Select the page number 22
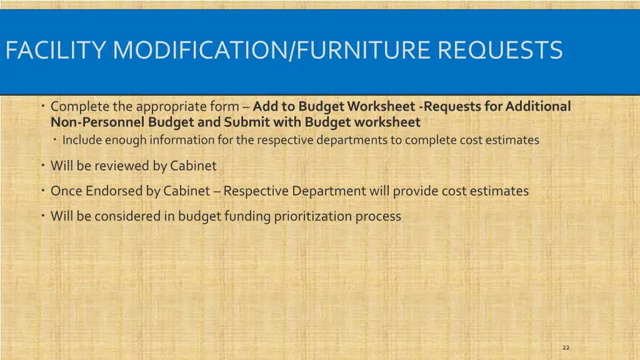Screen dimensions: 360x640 click(x=566, y=347)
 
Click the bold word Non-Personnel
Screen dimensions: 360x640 click(x=98, y=122)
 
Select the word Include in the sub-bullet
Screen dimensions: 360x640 click(x=82, y=140)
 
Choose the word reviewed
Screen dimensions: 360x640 click(x=122, y=166)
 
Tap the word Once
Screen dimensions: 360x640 click(x=66, y=191)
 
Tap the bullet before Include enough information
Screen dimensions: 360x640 click(x=55, y=139)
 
